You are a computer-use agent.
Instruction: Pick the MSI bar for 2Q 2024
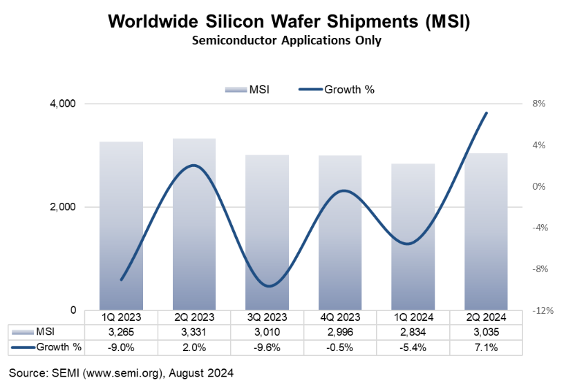coord(486,231)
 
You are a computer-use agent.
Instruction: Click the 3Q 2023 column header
coord(267,317)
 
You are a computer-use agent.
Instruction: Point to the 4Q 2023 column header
coord(340,317)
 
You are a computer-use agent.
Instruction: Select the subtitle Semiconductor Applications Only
coord(287,41)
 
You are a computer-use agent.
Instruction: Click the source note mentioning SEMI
coord(121,373)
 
